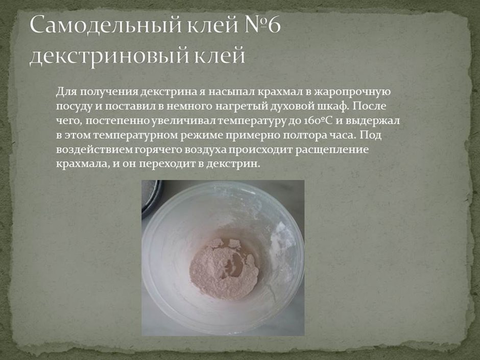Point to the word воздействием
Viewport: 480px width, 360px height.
pyautogui.click(x=87, y=151)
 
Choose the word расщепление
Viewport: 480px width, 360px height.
pyautogui.click(x=336, y=151)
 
